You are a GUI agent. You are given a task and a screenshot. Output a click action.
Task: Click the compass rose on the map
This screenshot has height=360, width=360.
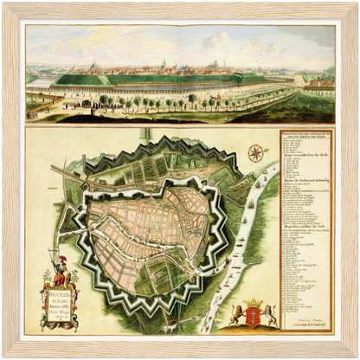pyautogui.click(x=256, y=154)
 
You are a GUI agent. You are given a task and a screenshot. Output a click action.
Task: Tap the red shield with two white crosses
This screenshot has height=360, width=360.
pyautogui.click(x=254, y=312)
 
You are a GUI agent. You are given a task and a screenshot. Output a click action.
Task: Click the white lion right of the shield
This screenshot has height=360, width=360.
pyautogui.click(x=269, y=315)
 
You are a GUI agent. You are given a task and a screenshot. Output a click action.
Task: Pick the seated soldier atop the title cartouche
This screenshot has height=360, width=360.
pyautogui.click(x=60, y=276)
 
